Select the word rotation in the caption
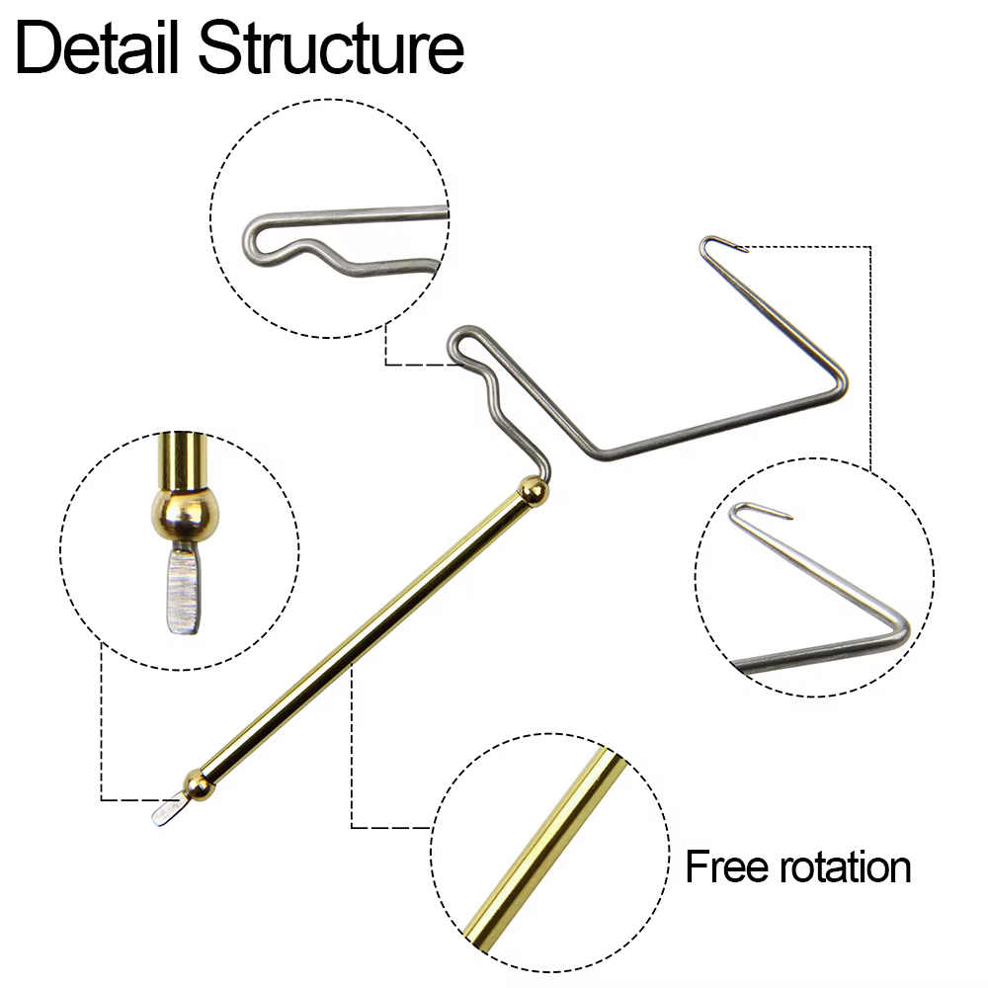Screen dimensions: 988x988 click(x=846, y=867)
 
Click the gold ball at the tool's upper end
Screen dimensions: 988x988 click(x=533, y=490)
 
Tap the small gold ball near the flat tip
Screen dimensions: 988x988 click(x=199, y=784)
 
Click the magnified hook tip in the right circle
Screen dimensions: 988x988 click(x=759, y=509)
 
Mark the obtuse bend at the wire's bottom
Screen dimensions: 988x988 click(x=602, y=453)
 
